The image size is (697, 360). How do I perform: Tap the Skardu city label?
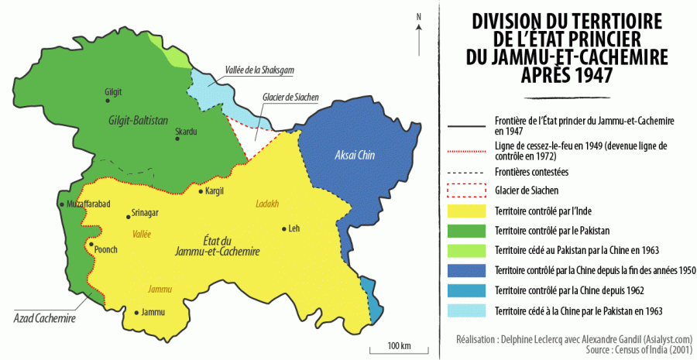(186, 131)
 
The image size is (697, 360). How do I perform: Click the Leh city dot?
(284, 228)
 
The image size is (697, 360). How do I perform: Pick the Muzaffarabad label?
(91, 204)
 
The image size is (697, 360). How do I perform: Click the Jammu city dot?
(137, 313)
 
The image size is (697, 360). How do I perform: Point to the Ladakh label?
(266, 204)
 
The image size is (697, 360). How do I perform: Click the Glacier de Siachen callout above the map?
(291, 98)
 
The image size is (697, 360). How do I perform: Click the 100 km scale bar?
(398, 350)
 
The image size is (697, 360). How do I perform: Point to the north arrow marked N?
(419, 31)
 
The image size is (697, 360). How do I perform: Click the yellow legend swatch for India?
(465, 211)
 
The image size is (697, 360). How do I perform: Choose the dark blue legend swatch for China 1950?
(465, 270)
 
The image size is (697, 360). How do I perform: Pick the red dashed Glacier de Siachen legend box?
(465, 190)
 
